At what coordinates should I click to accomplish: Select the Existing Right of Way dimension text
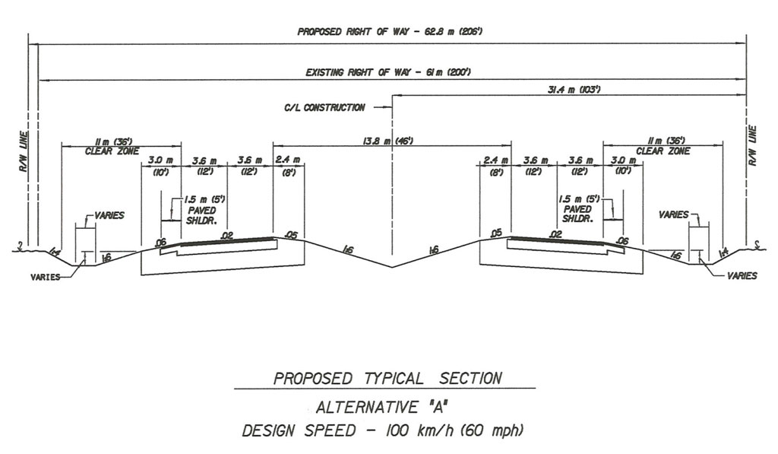[390, 72]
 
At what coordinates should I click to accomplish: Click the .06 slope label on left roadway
[160, 243]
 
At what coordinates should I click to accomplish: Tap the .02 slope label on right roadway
[555, 235]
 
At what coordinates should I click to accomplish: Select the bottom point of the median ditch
[392, 268]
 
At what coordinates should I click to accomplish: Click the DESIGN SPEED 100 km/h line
[382, 432]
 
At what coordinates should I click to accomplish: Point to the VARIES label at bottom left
[46, 277]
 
